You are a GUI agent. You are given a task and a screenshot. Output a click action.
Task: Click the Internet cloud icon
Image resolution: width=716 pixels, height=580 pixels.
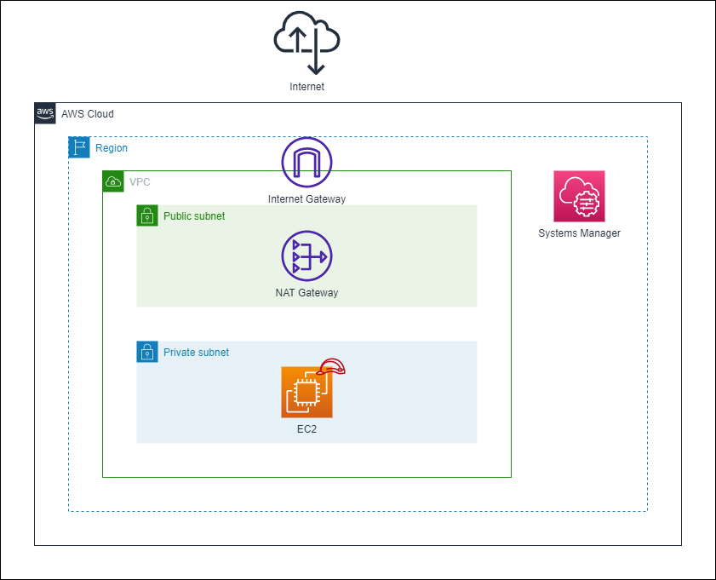pos(306,44)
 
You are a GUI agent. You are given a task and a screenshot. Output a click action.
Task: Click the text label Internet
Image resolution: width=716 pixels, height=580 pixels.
pos(306,87)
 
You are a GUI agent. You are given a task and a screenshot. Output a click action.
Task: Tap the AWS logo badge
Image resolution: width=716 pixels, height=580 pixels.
pos(45,113)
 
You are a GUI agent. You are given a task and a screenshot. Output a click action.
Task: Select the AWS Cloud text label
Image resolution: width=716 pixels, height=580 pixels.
pos(87,114)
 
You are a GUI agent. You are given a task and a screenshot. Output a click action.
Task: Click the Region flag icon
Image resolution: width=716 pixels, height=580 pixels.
pos(79,147)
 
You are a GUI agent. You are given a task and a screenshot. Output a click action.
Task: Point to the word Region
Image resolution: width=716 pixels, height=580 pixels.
pos(112,148)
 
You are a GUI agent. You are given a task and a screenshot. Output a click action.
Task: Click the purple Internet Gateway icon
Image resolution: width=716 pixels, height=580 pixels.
pos(306,162)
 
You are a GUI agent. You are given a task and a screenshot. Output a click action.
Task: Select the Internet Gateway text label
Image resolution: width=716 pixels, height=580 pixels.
pos(306,199)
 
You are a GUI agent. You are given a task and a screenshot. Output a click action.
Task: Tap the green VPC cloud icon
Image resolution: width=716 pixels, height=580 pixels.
pos(113,181)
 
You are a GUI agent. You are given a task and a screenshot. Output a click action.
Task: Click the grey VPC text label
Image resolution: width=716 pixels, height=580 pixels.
pos(140,182)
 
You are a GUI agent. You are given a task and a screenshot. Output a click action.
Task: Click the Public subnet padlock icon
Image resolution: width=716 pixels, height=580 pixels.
pos(147,215)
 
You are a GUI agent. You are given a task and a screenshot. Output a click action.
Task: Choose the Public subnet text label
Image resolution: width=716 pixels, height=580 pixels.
pos(194,216)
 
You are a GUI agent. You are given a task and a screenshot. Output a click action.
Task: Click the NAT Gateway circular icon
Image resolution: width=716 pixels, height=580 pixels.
pos(306,256)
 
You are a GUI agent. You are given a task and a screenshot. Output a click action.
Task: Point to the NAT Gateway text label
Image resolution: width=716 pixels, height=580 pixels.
pos(306,293)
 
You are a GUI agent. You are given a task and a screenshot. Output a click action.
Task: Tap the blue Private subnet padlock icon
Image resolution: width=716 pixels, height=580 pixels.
pos(147,352)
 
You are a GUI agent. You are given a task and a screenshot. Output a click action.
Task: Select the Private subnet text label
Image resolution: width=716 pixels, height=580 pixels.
pos(196,353)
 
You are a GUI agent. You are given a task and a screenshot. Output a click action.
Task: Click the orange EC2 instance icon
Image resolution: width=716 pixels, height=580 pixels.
pos(306,393)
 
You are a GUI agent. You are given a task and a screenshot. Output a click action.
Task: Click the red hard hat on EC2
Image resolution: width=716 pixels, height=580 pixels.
pos(332,368)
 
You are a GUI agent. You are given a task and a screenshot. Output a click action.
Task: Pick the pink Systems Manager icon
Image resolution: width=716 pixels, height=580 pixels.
pos(579,196)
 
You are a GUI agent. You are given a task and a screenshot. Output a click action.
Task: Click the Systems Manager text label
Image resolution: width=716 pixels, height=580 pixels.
pos(579,233)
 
